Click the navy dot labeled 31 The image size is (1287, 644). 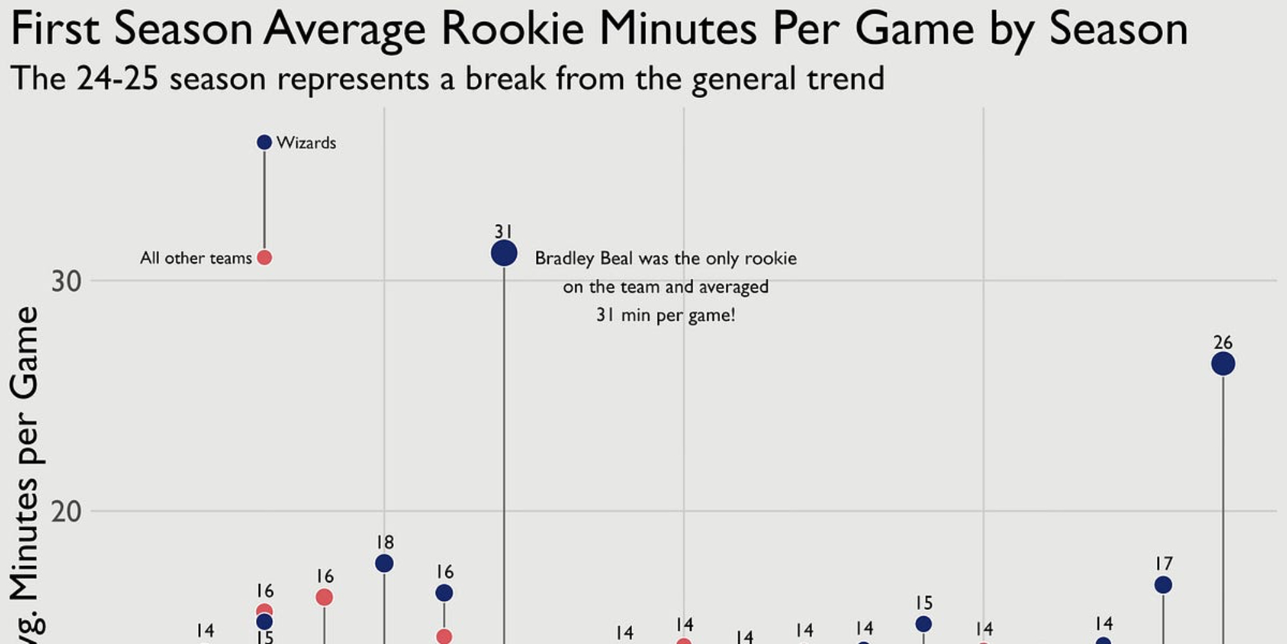click(x=504, y=253)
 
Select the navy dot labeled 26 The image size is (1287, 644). click(x=1223, y=364)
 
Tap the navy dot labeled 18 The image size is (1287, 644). click(x=384, y=563)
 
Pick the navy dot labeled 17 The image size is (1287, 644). click(x=1163, y=585)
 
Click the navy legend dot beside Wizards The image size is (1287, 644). click(x=264, y=142)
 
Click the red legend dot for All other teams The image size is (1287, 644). click(x=264, y=258)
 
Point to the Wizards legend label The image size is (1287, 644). click(x=306, y=143)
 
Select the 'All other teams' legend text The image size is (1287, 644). click(x=196, y=258)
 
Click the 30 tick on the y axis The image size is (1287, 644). click(x=66, y=281)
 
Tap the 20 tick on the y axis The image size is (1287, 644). click(x=66, y=512)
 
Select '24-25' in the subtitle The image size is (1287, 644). click(x=117, y=79)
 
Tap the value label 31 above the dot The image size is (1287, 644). click(x=503, y=231)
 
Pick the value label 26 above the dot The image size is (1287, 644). click(x=1223, y=342)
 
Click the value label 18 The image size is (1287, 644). click(x=385, y=542)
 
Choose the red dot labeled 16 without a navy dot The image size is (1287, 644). click(x=324, y=598)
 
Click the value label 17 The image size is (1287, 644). click(x=1163, y=563)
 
